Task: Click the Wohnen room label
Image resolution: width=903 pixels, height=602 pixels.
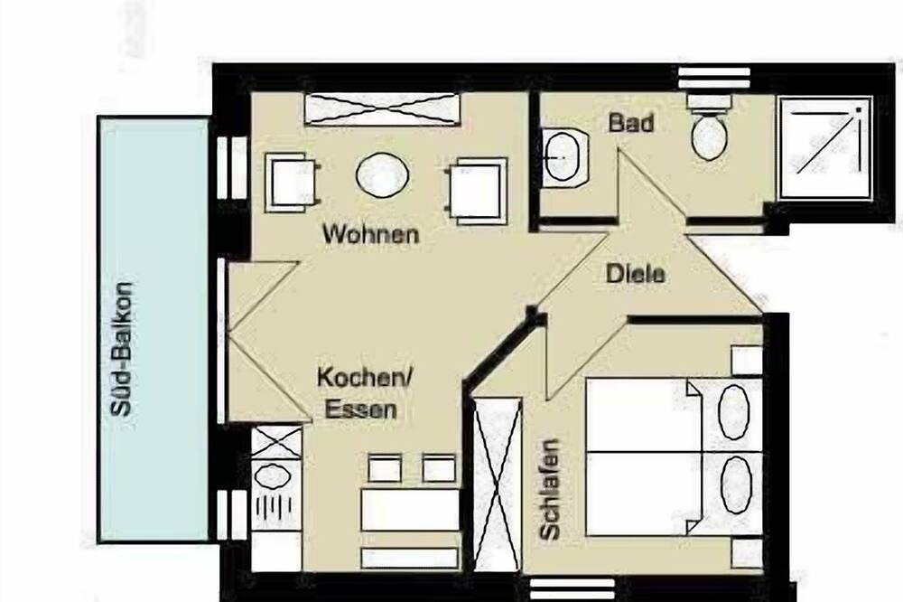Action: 370,235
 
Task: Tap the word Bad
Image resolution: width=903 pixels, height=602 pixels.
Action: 629,123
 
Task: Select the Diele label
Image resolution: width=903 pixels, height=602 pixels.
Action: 635,272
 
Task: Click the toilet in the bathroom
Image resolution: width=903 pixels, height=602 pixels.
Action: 709,131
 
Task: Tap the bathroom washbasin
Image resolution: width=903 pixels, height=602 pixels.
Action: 564,158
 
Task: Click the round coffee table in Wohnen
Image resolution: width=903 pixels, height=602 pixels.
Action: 382,175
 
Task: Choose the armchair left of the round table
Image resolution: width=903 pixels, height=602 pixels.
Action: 292,182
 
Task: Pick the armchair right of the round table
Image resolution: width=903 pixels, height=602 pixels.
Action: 476,190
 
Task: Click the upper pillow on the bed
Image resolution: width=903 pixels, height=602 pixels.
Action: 733,412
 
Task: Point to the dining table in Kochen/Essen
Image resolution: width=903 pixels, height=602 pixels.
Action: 411,510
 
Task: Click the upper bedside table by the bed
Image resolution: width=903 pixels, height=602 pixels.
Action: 747,361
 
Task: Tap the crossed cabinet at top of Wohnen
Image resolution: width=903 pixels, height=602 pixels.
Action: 382,109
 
